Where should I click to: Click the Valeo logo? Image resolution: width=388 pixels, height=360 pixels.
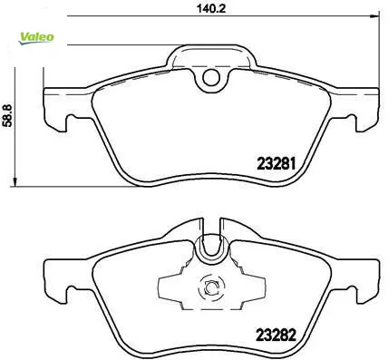tap(36, 38)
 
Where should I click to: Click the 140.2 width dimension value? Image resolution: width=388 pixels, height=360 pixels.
tap(211, 8)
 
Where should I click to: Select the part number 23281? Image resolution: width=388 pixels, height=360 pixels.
tap(276, 164)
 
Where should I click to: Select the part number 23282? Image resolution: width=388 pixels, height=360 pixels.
tap(276, 335)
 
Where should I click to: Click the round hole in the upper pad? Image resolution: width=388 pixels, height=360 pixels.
tap(210, 78)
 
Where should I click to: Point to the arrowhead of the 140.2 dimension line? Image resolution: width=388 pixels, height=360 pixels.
tap(375, 16)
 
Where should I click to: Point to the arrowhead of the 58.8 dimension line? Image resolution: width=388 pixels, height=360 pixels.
tap(14, 182)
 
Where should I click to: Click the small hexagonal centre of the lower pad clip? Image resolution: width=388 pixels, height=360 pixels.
tap(210, 287)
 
